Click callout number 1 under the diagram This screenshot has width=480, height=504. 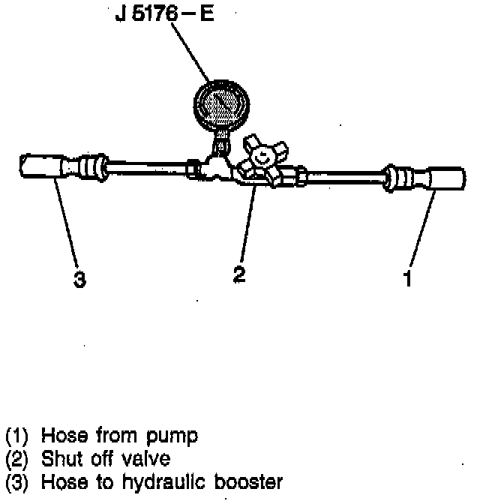coord(407,280)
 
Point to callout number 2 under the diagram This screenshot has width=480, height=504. coord(238,274)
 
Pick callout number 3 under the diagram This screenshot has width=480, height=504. coord(79,280)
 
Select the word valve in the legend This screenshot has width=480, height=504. coord(148,458)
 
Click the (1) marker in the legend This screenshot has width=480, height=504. coord(18,436)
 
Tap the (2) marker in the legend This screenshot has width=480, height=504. coord(18,458)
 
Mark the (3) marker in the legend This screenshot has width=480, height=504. coord(18,481)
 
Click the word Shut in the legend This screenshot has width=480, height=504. coord(60,458)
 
